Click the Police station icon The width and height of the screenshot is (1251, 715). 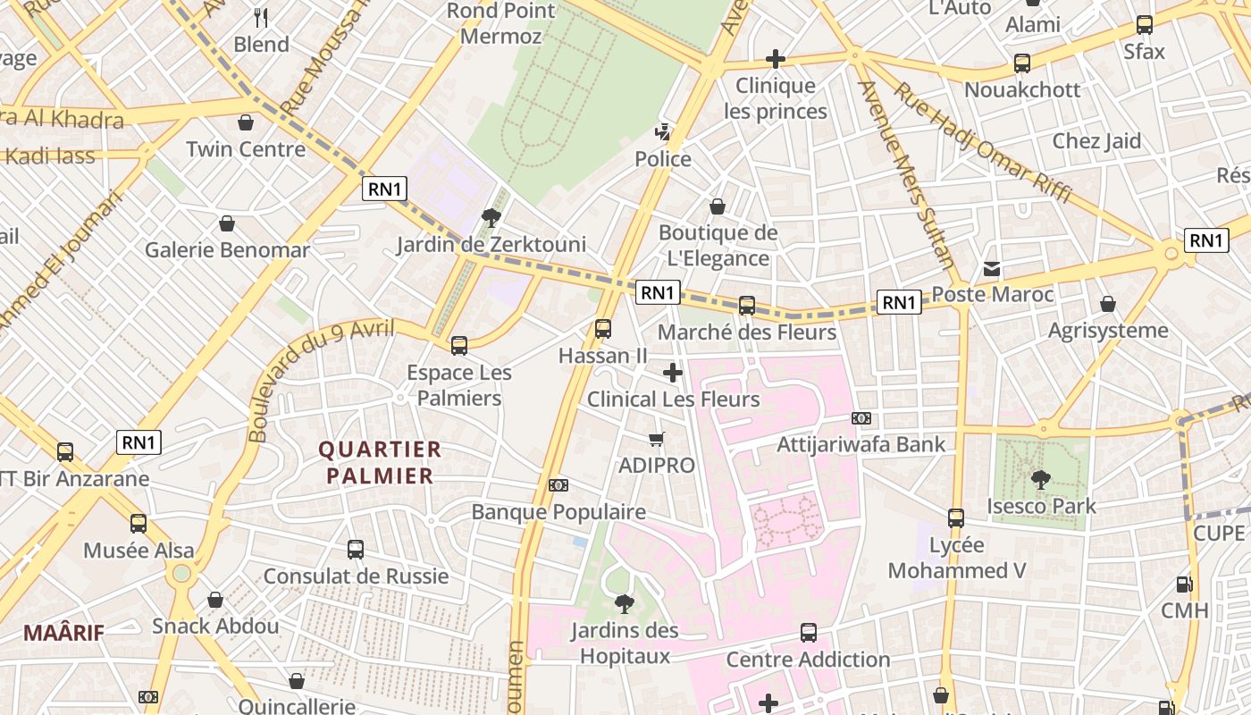pyautogui.click(x=662, y=133)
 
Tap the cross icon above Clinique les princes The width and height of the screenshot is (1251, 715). pyautogui.click(x=776, y=60)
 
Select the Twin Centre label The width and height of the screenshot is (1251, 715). pyautogui.click(x=246, y=148)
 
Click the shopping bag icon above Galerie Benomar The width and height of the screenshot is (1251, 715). pyautogui.click(x=227, y=223)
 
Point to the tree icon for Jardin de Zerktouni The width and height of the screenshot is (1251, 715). pyautogui.click(x=491, y=217)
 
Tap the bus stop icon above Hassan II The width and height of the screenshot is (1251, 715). pyautogui.click(x=603, y=329)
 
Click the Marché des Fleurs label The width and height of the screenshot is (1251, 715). pyautogui.click(x=747, y=332)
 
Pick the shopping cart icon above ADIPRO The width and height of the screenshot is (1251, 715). pyautogui.click(x=657, y=439)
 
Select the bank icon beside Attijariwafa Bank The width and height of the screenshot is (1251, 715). pyautogui.click(x=861, y=418)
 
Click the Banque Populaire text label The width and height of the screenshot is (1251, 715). pyautogui.click(x=558, y=512)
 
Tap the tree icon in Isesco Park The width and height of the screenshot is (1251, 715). pyautogui.click(x=1040, y=480)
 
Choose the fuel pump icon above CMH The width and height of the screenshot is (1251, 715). pyautogui.click(x=1185, y=585)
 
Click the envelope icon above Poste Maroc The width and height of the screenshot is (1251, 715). pyautogui.click(x=992, y=268)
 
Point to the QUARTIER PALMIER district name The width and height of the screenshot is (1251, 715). pyautogui.click(x=380, y=462)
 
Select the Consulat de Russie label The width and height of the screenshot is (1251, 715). pyautogui.click(x=356, y=576)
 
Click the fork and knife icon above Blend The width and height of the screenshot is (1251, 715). pyautogui.click(x=261, y=17)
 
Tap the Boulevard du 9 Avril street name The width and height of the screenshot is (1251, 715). pyautogui.click(x=322, y=380)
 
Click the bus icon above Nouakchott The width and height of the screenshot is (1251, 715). pyautogui.click(x=1022, y=63)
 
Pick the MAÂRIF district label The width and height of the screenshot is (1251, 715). pyautogui.click(x=63, y=633)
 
